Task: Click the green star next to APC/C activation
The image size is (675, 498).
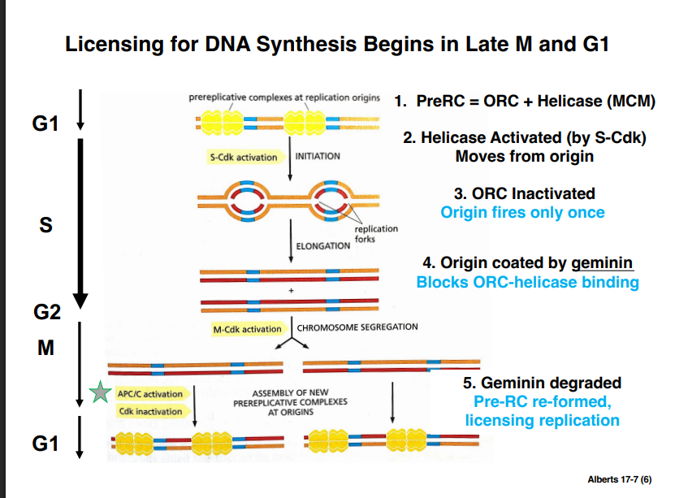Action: tap(100, 394)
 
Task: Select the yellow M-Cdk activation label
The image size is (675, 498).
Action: tap(247, 329)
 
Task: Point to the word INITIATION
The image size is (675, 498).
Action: tap(318, 156)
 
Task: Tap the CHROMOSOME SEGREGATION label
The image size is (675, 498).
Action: tap(357, 327)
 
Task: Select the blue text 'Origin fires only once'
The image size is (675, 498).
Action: tap(522, 212)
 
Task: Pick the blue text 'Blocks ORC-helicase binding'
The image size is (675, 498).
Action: tap(527, 283)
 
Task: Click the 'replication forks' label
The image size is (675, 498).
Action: tap(375, 234)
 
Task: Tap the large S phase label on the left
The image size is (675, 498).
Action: tap(46, 225)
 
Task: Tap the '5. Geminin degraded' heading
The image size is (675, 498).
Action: tap(541, 383)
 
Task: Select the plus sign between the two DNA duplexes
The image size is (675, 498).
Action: tap(290, 290)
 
